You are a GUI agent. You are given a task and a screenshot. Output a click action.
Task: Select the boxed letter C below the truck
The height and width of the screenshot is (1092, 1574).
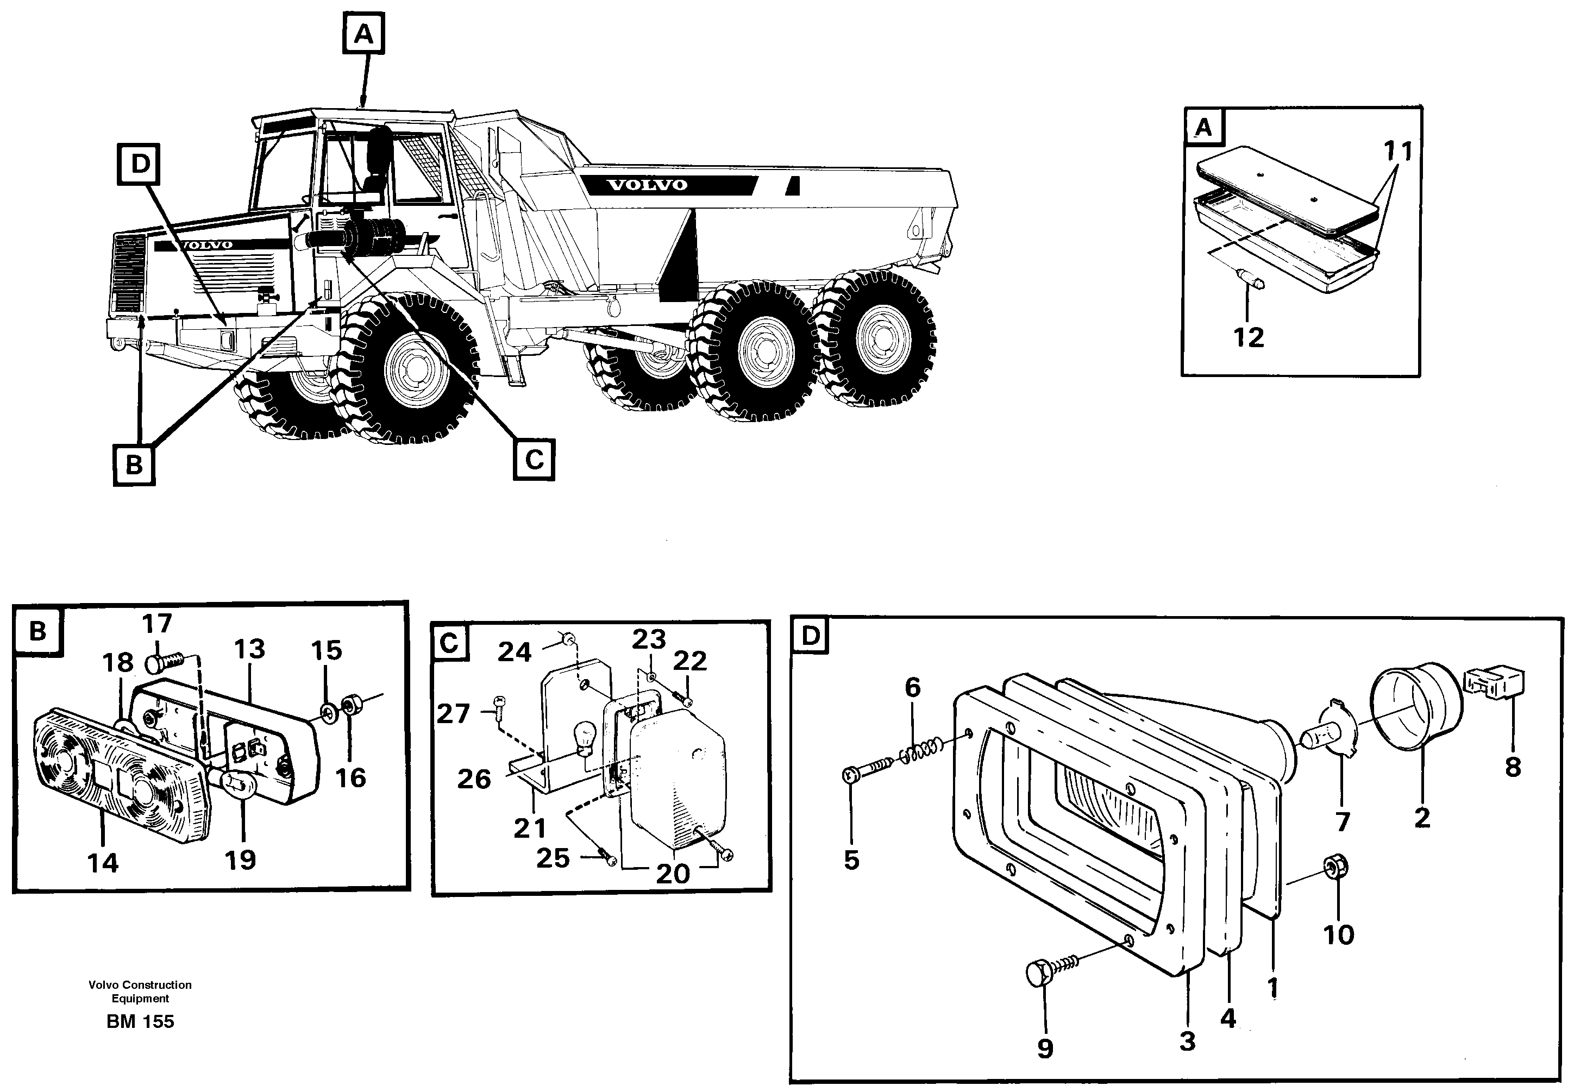[534, 460]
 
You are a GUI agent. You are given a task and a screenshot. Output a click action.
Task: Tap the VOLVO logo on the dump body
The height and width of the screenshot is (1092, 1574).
[647, 185]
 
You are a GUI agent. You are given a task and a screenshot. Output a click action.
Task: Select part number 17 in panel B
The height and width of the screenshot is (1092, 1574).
[156, 624]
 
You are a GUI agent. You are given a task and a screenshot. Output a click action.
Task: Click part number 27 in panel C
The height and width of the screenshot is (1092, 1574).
[453, 714]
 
